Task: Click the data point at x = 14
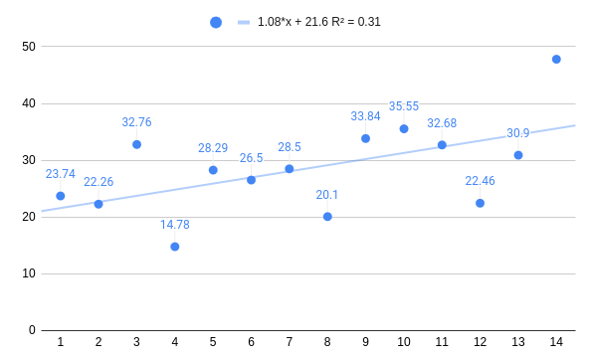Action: (556, 60)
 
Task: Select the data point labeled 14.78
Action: (175, 247)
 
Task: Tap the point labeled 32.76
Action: (136, 144)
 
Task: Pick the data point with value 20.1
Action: (327, 216)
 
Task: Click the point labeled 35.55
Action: (404, 128)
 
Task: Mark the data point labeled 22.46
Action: (480, 203)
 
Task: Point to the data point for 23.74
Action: (61, 196)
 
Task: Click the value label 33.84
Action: (366, 116)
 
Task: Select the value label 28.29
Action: (213, 148)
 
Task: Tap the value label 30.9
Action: (518, 133)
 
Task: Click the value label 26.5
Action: (252, 158)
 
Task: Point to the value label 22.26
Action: (98, 182)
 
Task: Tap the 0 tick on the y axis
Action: (32, 330)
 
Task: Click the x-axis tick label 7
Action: (290, 342)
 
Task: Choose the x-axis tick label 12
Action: (480, 342)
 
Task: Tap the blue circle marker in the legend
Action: (216, 22)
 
